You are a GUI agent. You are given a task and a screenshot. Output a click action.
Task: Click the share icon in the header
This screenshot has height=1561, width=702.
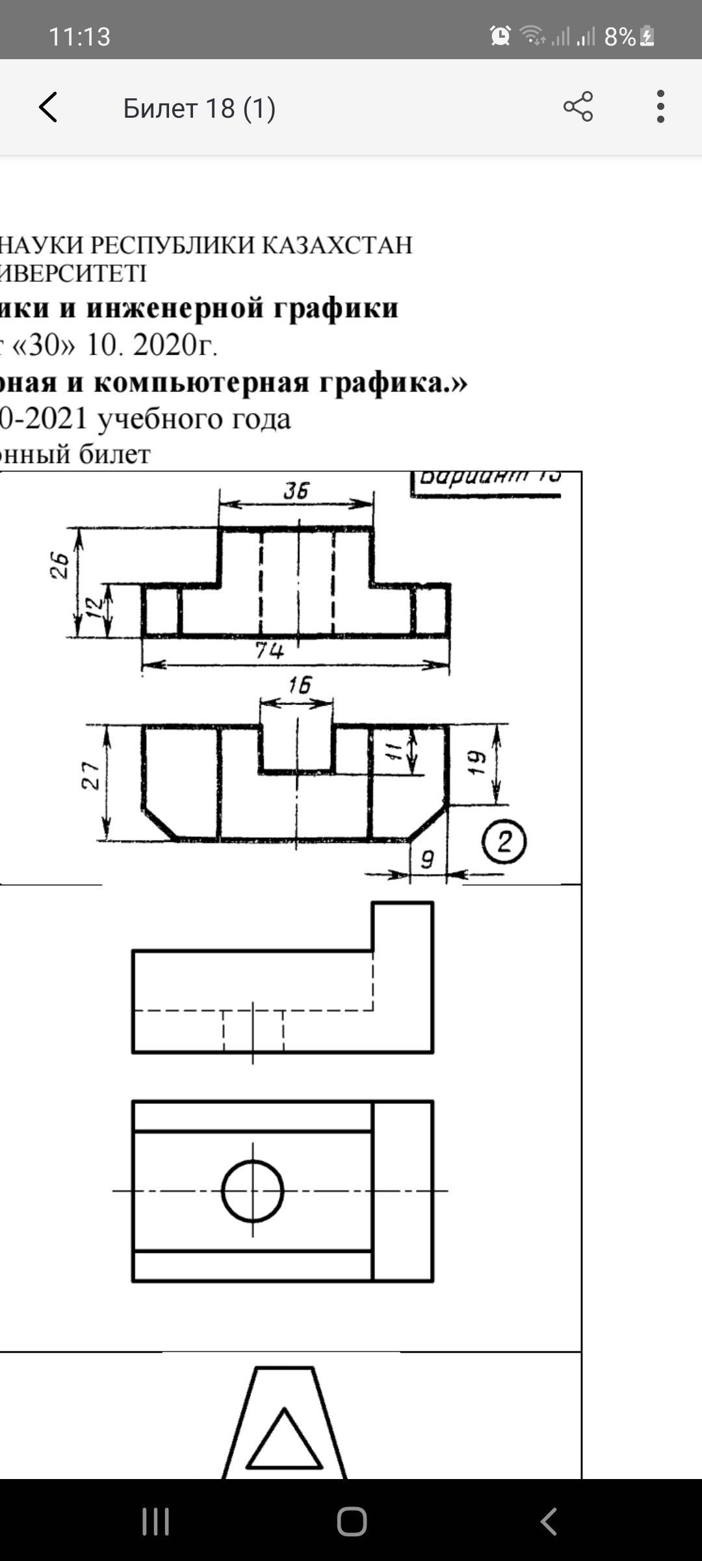coord(578,107)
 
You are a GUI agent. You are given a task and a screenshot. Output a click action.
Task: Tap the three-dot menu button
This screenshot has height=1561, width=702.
coord(660,107)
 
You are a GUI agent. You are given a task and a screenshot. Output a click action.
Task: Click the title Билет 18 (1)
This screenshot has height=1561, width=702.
coord(199,108)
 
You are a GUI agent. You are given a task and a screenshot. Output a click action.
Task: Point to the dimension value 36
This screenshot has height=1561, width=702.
coord(296,490)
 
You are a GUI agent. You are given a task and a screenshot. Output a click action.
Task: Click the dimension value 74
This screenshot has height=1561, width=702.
coord(269,649)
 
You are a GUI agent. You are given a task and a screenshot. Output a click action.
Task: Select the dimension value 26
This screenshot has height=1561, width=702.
coord(60,565)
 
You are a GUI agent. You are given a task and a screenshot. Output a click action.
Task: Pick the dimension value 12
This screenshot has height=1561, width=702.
coord(95,607)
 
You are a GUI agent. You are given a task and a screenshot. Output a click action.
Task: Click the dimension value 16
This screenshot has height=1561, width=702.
coord(300,685)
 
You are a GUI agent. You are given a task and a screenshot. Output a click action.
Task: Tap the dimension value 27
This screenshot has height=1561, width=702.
coord(91,775)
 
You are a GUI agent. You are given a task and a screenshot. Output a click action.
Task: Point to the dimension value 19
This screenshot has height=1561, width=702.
coord(478,762)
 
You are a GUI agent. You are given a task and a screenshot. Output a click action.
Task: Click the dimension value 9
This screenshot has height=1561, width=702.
coord(427,860)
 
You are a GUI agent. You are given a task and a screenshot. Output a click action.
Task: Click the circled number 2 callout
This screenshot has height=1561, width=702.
coord(504,842)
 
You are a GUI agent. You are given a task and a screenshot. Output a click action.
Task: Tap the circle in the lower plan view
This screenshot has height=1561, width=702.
coord(253,1191)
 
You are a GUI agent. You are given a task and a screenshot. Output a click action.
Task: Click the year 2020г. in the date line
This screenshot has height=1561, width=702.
coord(175,345)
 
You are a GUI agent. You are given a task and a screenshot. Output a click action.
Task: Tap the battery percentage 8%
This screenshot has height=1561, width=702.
coord(619,37)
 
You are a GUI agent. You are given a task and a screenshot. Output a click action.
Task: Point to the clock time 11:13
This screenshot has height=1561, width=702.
coord(79,36)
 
